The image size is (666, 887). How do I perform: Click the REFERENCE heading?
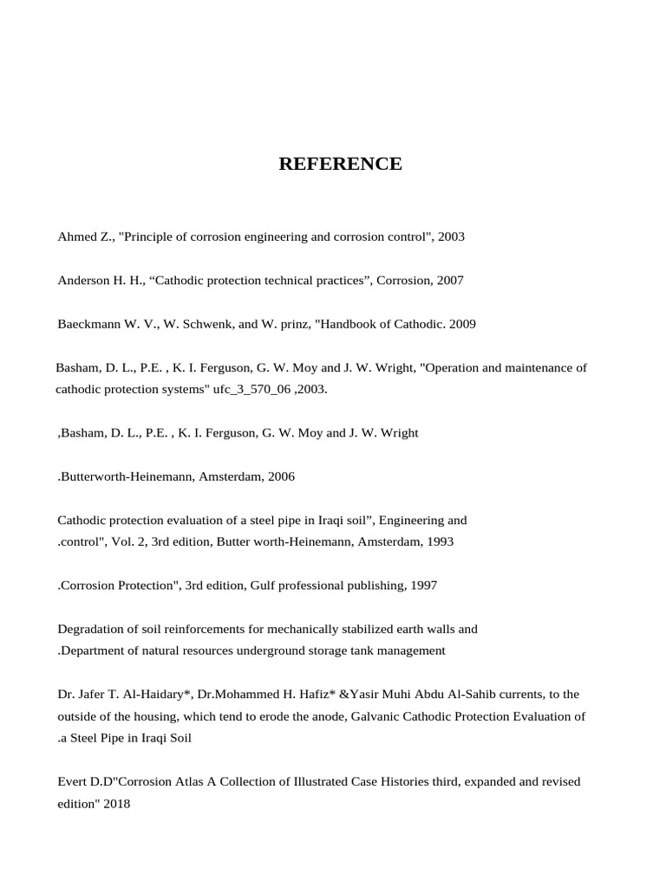(340, 164)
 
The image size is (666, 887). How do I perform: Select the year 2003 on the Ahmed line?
(451, 236)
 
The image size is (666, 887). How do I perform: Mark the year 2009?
(460, 324)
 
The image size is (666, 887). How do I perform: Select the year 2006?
(282, 476)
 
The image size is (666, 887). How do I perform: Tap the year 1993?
(439, 541)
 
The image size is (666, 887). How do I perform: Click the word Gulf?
(266, 586)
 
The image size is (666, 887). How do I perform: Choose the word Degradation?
(91, 629)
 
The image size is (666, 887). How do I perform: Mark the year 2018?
(115, 803)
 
